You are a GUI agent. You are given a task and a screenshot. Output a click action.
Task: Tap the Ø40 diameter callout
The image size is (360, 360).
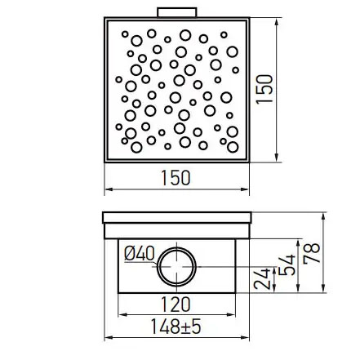point(139,254)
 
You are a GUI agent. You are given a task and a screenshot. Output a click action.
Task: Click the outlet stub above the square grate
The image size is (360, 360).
point(176,14)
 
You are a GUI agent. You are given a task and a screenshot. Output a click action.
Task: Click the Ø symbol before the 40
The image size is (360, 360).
point(130,254)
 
